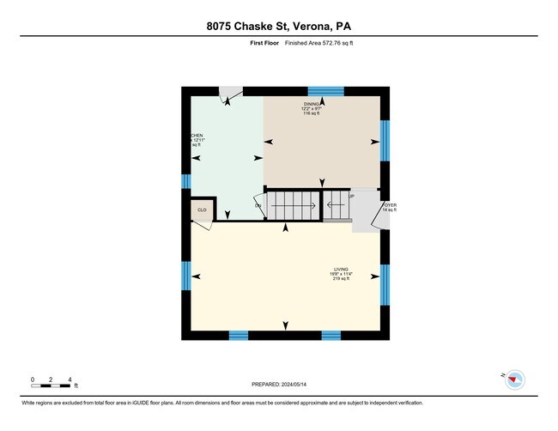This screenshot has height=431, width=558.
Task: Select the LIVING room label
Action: coord(342,270)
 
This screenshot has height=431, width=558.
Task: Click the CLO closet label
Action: coord(202,209)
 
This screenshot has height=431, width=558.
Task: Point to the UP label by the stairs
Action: coord(327,196)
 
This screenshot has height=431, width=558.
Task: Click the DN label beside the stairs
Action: coord(258,205)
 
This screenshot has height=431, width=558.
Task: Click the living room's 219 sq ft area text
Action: coord(342,279)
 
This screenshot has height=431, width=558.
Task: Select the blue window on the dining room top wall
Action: coord(326,90)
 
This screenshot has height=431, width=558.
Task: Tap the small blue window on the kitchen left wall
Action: coord(185,181)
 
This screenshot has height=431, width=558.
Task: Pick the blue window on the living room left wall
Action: coord(185,276)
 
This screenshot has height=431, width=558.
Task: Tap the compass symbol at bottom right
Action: coord(514,379)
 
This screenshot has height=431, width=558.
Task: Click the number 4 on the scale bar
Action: coord(70,379)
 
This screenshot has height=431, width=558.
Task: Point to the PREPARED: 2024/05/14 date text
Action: coord(279,384)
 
